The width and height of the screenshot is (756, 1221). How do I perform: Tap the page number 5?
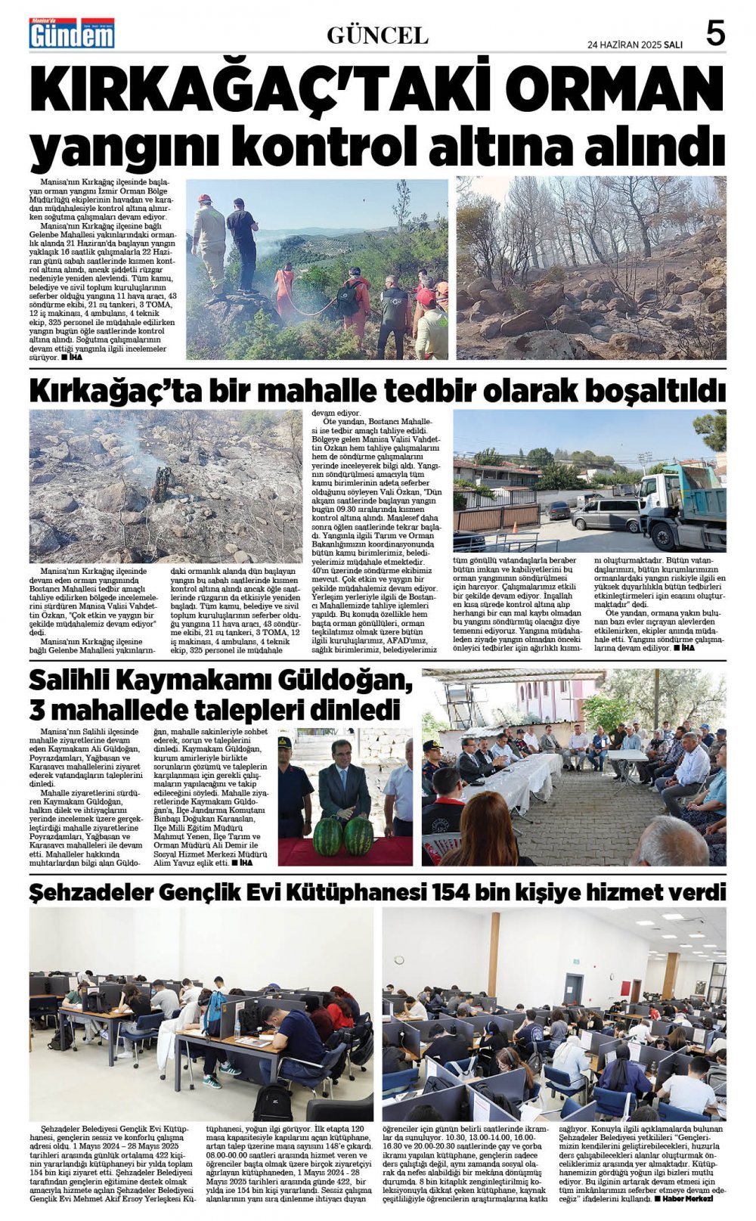coord(714,34)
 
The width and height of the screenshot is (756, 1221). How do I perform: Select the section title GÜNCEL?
coord(377,36)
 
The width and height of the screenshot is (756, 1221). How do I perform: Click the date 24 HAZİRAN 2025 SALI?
coord(634,45)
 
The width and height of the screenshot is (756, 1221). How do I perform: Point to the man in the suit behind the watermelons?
coord(343,779)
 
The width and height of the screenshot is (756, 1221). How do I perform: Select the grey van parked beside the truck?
coord(605,515)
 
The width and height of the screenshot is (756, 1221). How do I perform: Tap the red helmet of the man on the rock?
coord(204,199)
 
